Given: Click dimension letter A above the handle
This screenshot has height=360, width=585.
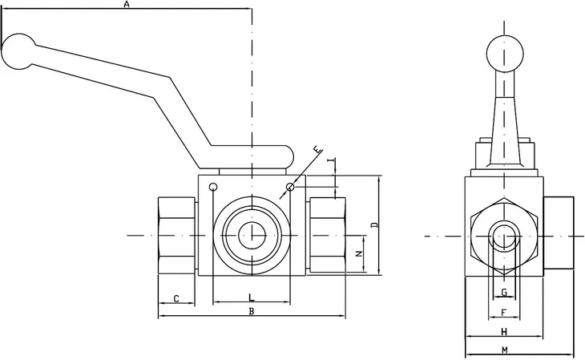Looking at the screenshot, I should click(126, 5).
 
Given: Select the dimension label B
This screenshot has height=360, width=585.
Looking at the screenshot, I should click(252, 310).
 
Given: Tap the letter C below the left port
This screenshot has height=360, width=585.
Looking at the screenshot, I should click(176, 299).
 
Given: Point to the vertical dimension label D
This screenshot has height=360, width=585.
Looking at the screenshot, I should click(374, 224).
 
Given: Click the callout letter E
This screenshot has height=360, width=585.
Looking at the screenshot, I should click(317, 151).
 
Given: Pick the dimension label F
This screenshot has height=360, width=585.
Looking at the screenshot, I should click(503, 311).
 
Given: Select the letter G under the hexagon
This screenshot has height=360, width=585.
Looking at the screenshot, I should click(503, 292).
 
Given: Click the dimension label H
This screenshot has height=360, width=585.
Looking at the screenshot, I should click(504, 331).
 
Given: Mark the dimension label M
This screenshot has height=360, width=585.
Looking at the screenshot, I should click(504, 350).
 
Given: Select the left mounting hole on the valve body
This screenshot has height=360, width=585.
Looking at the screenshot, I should click(212, 188).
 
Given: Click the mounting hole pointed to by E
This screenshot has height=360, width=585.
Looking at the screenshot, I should click(290, 188).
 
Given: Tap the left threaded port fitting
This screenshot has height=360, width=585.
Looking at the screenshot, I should click(176, 236).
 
